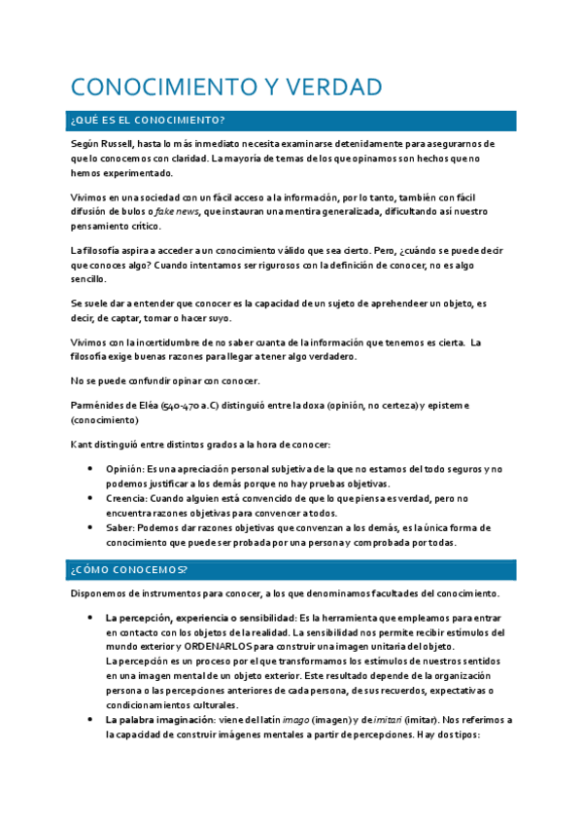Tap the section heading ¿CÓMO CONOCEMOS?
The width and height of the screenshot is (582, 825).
tap(129, 568)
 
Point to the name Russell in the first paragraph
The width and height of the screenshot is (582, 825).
tap(133, 143)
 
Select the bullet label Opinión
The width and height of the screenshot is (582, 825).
tap(123, 469)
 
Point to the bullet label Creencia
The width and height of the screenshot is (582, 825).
tap(125, 498)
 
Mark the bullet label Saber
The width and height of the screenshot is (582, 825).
tap(120, 527)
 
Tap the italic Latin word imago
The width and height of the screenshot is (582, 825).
tap(288, 720)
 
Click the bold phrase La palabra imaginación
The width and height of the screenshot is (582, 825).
tap(153, 720)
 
